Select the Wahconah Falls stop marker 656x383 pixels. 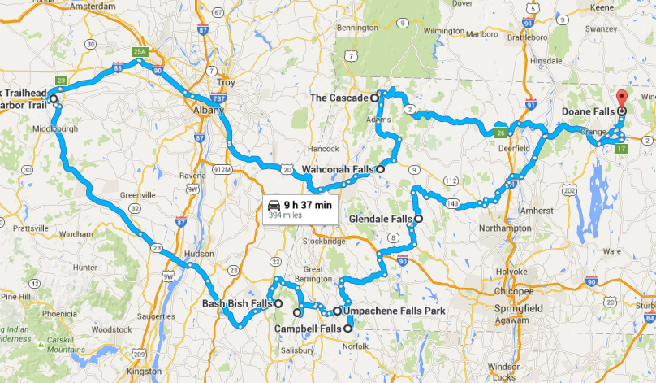click(x=380, y=170)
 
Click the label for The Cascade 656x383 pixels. click(x=340, y=98)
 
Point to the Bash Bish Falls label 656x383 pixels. click(x=236, y=304)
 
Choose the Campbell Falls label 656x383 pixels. click(x=308, y=329)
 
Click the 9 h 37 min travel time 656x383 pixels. click(x=309, y=205)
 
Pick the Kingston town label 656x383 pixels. click(x=145, y=372)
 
